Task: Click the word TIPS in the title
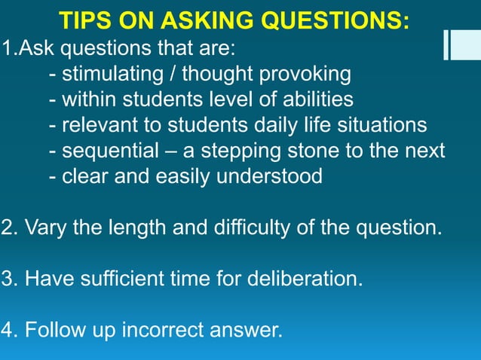[x=84, y=20]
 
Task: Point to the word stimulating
[x=114, y=75]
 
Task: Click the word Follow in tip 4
[x=54, y=329]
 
